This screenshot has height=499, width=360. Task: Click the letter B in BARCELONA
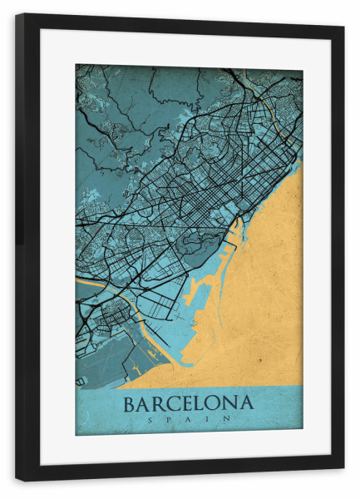coord(131,405)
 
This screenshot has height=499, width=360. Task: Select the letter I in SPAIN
coord(208,421)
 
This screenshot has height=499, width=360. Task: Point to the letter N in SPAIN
coord(227,421)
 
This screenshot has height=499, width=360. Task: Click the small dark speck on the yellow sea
coord(259,359)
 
